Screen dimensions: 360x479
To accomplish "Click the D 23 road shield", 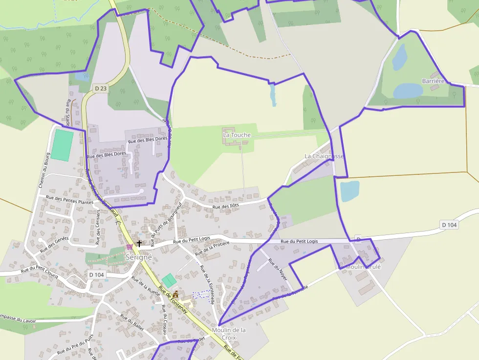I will pos(100,88).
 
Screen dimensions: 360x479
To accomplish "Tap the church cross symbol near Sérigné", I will pos(139,243).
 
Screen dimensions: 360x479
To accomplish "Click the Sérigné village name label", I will pos(139,257).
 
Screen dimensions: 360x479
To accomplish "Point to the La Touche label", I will pos(237,135).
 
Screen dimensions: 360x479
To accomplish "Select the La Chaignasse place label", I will pos(324,156).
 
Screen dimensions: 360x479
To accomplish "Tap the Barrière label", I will pos(434,81).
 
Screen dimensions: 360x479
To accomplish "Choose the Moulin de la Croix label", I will pos(229,334).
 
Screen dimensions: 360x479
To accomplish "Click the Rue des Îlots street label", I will pos(227,207).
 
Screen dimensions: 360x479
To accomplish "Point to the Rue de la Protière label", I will pos(212,249).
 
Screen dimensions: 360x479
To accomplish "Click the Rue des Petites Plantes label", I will pos(69,200).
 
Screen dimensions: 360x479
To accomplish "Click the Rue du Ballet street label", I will pos(132,324).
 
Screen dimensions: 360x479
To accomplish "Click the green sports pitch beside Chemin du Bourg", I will pos(62,145).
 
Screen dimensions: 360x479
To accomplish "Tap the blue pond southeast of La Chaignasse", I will pos(349,191).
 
